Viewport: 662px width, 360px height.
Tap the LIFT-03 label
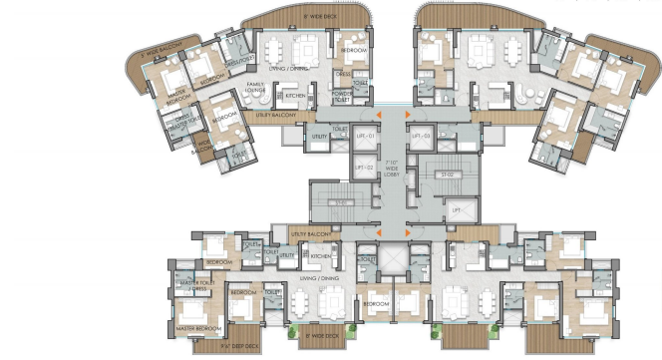(x=421, y=136)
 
